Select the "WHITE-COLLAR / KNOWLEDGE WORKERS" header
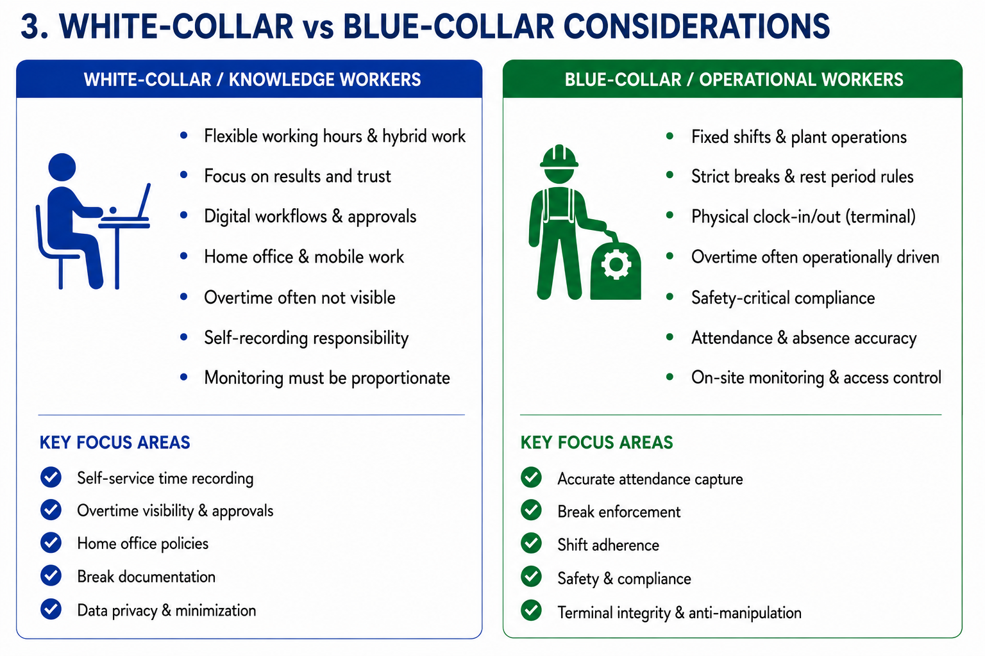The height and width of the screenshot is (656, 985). click(x=252, y=79)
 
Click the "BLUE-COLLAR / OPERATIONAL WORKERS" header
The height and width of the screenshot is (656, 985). click(x=734, y=79)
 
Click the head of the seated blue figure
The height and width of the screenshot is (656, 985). click(x=62, y=167)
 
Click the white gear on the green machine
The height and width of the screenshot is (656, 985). click(x=616, y=265)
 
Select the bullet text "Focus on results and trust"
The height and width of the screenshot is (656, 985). click(x=298, y=176)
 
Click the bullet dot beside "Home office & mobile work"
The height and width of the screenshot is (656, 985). click(x=184, y=256)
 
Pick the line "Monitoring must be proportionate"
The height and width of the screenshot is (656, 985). click(x=326, y=378)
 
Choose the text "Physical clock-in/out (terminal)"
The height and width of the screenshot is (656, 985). click(x=803, y=217)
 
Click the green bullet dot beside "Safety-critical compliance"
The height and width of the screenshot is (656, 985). click(x=669, y=297)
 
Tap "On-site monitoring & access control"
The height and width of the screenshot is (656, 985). click(x=816, y=377)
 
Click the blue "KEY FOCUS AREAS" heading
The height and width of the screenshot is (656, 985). click(x=115, y=443)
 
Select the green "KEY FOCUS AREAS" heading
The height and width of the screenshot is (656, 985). click(x=597, y=443)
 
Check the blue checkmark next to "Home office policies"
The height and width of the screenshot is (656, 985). click(x=51, y=543)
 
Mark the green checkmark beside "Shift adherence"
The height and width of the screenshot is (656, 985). click(x=531, y=543)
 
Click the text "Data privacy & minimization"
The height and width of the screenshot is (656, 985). click(x=166, y=611)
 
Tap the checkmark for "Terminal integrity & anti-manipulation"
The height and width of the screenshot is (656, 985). click(x=531, y=611)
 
